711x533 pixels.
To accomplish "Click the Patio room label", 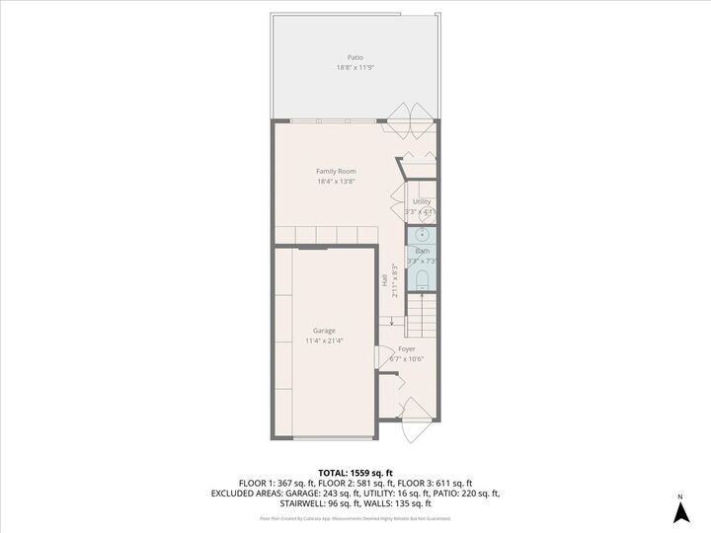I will click(355, 58).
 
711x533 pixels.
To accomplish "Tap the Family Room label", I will click(336, 172).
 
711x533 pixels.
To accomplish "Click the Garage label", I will click(324, 331).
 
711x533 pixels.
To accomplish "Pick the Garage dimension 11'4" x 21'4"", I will click(324, 342).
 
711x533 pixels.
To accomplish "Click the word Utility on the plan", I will click(422, 202).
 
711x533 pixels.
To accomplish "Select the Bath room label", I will click(423, 251).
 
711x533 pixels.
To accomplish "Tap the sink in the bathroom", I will click(422, 235).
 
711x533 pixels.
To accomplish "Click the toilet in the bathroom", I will click(422, 281).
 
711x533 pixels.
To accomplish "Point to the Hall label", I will click(385, 280).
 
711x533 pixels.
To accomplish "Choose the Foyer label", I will click(407, 349).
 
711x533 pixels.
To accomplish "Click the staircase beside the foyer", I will click(422, 316).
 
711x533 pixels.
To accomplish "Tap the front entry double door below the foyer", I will click(416, 420).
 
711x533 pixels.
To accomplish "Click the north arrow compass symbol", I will click(679, 511).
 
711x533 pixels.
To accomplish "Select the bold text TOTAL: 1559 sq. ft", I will click(355, 474).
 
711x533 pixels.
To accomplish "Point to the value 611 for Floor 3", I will click(450, 484).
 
